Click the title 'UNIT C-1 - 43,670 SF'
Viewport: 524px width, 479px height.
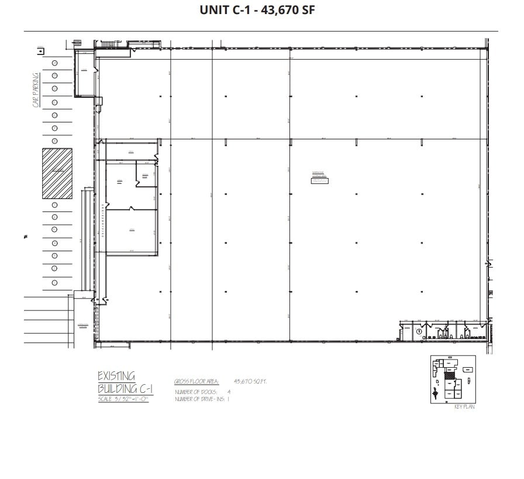coord(257,10)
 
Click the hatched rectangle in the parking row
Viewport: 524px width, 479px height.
coord(57,173)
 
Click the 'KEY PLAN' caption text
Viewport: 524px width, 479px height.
coord(464,407)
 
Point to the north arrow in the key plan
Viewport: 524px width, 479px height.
coord(436,392)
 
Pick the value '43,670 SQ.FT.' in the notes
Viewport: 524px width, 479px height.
coord(250,381)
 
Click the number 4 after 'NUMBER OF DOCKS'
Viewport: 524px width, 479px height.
coord(229,391)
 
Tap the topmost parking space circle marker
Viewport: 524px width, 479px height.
coord(54,63)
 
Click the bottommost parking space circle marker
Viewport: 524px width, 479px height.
coord(54,282)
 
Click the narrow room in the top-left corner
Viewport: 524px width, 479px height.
coord(84,73)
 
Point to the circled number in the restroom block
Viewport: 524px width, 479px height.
coord(419,332)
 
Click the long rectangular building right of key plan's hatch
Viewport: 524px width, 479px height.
coord(467,370)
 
